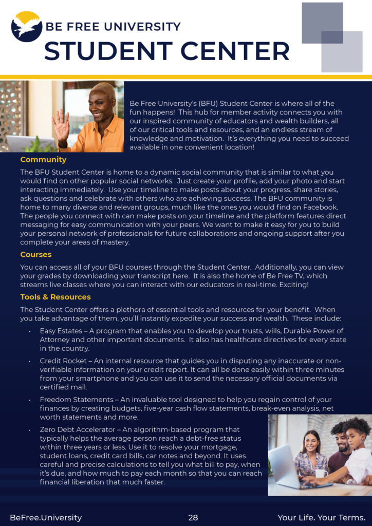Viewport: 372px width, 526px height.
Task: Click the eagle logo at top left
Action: point(27,26)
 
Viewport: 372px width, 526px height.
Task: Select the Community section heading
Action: point(43,160)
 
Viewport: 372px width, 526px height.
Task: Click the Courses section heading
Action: point(36,254)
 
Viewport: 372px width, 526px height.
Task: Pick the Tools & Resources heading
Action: point(55,297)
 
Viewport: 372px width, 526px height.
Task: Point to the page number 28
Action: point(193,517)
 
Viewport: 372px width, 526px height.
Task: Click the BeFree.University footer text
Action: point(46,517)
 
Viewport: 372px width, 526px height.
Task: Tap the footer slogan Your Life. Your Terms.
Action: point(322,517)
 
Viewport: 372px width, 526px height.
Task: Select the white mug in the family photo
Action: point(322,473)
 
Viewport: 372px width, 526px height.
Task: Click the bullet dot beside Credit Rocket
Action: point(30,362)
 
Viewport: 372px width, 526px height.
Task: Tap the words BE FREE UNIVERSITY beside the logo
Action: point(113,27)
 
